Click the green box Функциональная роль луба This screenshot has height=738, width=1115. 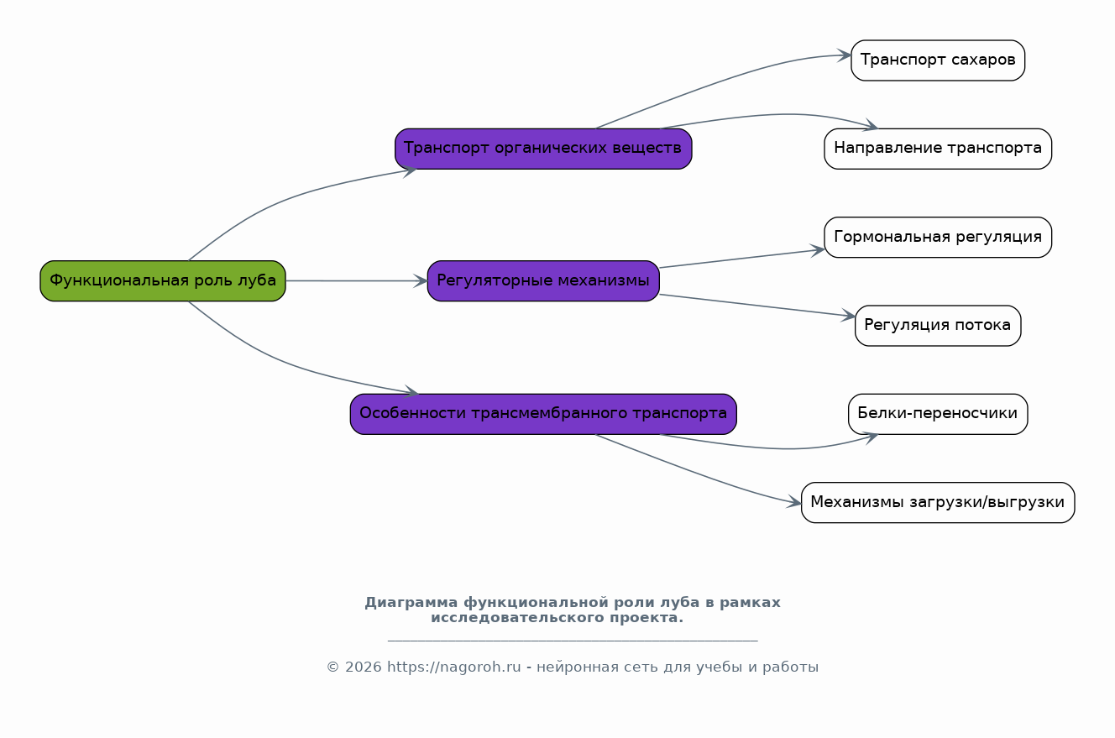click(163, 280)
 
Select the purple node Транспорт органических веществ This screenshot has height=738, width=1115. click(543, 149)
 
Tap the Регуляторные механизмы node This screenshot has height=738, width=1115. click(543, 280)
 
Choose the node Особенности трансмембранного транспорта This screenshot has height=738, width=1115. click(543, 414)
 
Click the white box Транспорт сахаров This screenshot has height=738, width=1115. click(938, 60)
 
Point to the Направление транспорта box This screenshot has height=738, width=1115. click(938, 149)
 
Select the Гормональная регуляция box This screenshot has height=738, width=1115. click(938, 238)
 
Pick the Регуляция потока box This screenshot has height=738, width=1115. click(938, 326)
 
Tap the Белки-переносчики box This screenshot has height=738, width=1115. click(938, 414)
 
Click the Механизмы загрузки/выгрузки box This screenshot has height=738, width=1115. click(938, 503)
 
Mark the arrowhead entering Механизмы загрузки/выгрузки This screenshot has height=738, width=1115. click(795, 502)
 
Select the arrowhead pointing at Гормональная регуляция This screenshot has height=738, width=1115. click(819, 250)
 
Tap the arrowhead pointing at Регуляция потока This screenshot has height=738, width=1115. click(849, 316)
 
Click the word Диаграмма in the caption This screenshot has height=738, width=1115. click(411, 603)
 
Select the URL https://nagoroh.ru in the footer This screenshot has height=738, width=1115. click(454, 667)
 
